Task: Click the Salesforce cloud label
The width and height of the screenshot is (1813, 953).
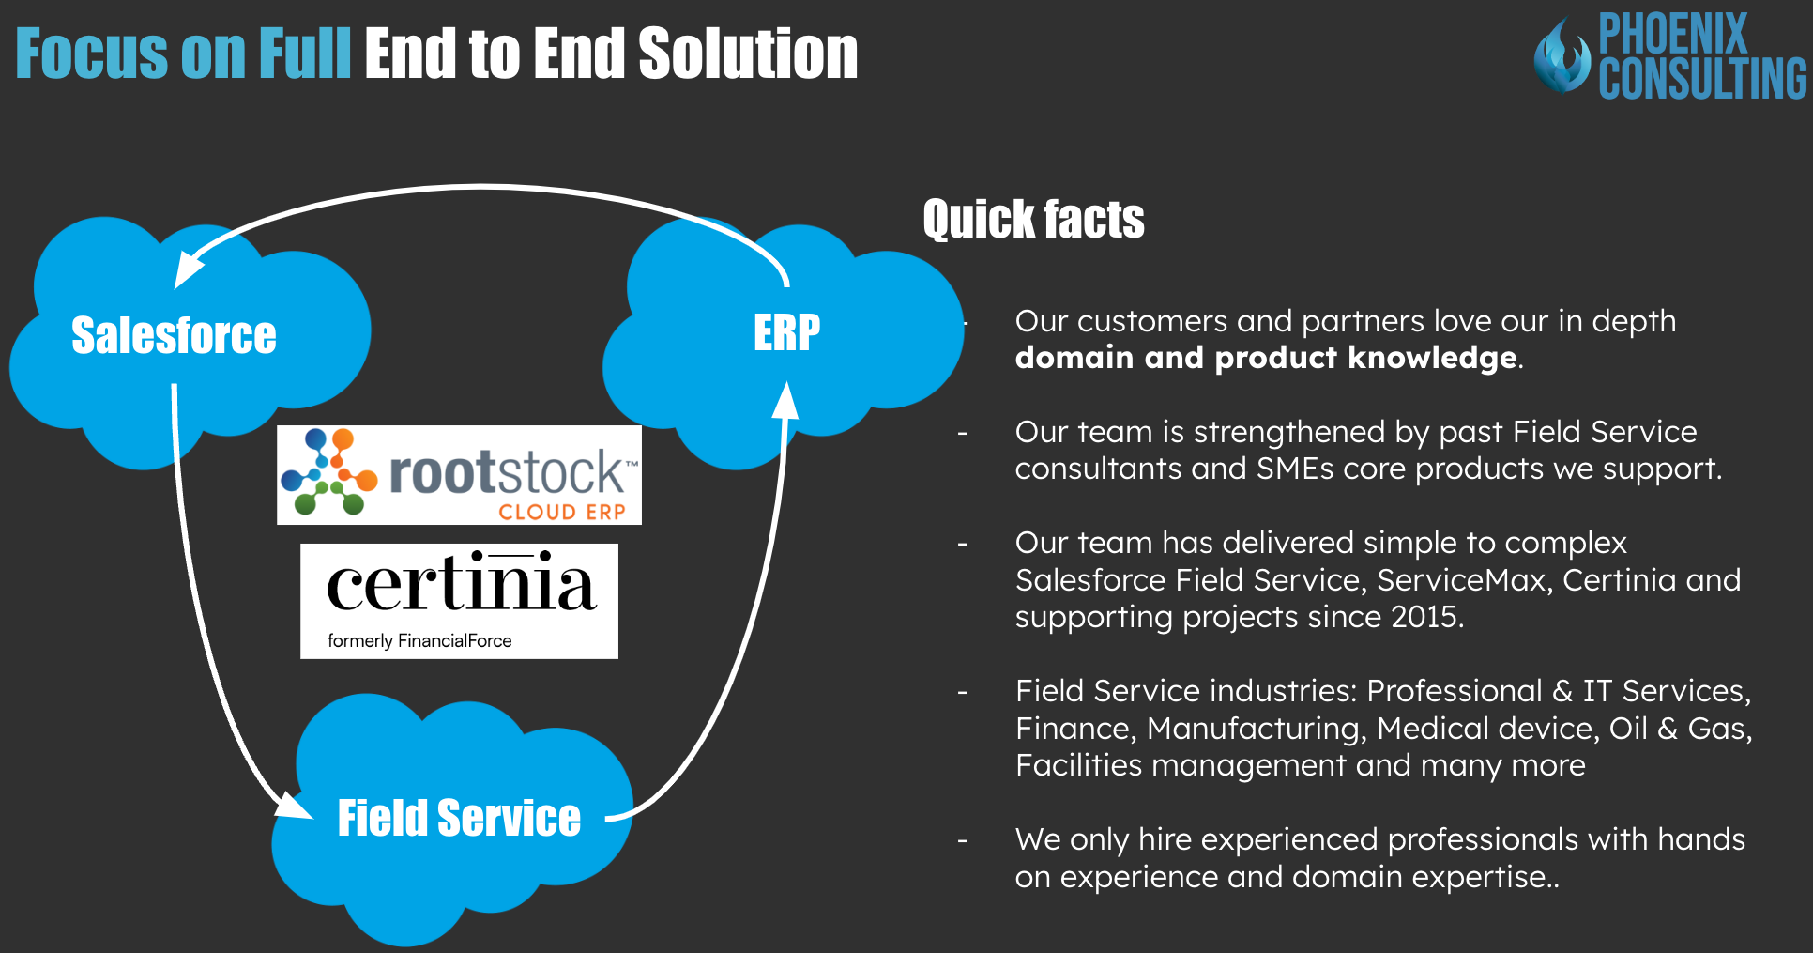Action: click(174, 335)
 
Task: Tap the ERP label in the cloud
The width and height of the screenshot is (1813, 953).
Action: click(786, 332)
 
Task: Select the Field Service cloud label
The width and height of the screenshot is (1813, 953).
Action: click(459, 818)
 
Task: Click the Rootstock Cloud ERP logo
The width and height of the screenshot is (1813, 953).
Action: click(459, 475)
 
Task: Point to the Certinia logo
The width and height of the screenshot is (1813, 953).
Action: click(459, 601)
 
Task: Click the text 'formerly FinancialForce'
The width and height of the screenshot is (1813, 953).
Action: click(419, 641)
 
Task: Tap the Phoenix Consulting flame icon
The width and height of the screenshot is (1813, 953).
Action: click(1562, 56)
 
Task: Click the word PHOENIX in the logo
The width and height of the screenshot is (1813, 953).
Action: click(1673, 34)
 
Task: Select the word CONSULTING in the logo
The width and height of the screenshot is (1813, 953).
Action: click(1702, 78)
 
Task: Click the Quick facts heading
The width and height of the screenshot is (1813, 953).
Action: click(1033, 220)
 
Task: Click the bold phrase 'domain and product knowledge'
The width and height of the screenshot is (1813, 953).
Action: click(1266, 358)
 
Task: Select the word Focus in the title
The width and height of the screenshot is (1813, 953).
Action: click(93, 54)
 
